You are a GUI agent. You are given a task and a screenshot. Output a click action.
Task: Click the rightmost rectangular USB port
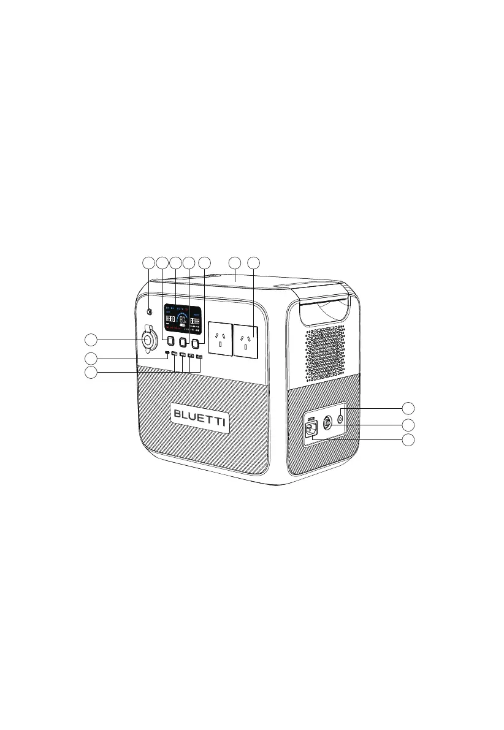click(199, 355)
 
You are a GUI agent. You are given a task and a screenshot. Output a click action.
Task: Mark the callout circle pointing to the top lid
click(235, 263)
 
